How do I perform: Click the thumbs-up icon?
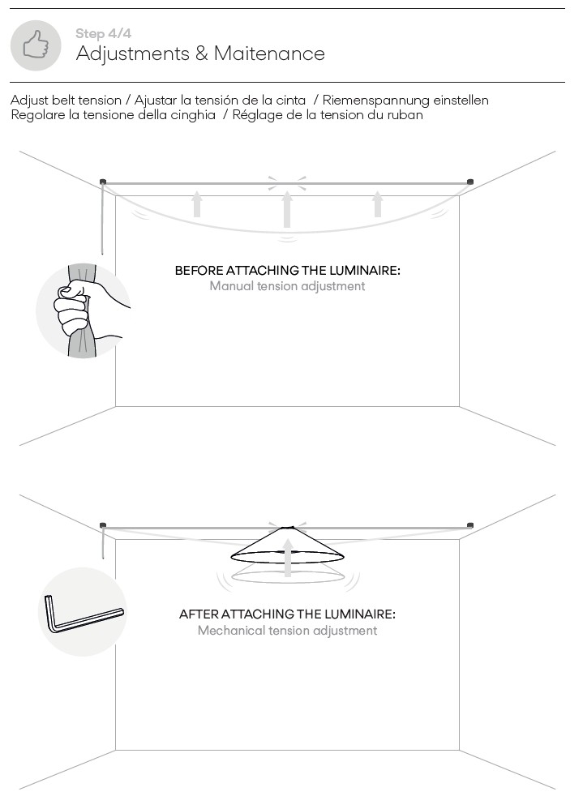[x=36, y=45]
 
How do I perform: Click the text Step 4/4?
[x=103, y=33]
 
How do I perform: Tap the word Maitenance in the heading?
[x=269, y=54]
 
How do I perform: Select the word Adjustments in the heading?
[x=133, y=54]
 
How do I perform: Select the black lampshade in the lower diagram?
[x=287, y=545]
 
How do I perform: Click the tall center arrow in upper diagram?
[x=287, y=209]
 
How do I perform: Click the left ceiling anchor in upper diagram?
[x=103, y=181]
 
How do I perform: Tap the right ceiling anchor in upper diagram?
[x=470, y=181]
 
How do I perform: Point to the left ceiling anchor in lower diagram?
[x=103, y=525]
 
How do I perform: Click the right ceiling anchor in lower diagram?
[x=470, y=525]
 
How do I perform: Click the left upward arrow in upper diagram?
[x=196, y=203]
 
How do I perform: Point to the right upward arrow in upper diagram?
[x=378, y=203]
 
